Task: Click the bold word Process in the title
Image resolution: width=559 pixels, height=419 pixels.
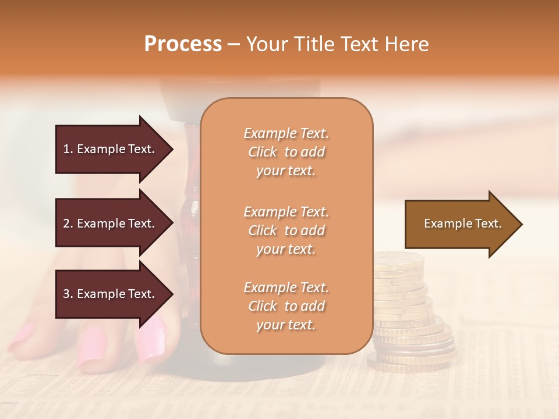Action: click(183, 44)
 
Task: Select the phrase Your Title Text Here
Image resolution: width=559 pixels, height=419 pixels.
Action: click(337, 44)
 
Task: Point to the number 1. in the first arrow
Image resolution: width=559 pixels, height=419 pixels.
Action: click(68, 149)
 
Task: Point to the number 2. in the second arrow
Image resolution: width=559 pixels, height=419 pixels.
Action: click(68, 223)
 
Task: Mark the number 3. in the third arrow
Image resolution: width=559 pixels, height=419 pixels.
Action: click(68, 294)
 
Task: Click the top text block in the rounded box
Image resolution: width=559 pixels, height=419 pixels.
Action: click(286, 152)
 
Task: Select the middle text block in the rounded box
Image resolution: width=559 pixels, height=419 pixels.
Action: click(286, 230)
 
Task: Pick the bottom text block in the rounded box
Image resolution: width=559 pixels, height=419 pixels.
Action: click(286, 306)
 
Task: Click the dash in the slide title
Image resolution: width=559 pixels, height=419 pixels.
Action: click(233, 45)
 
